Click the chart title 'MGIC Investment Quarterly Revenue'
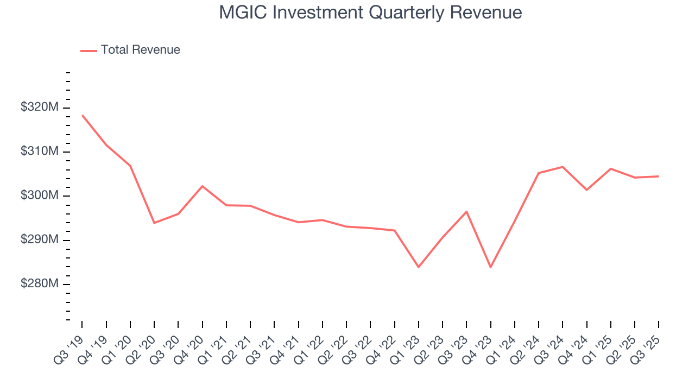[370, 12]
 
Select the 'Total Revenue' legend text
[140, 50]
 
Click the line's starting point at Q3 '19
[83, 115]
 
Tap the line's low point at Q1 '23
[419, 267]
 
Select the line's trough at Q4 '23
[490, 267]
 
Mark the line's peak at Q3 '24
[563, 167]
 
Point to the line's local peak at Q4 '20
[203, 186]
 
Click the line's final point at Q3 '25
[659, 176]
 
